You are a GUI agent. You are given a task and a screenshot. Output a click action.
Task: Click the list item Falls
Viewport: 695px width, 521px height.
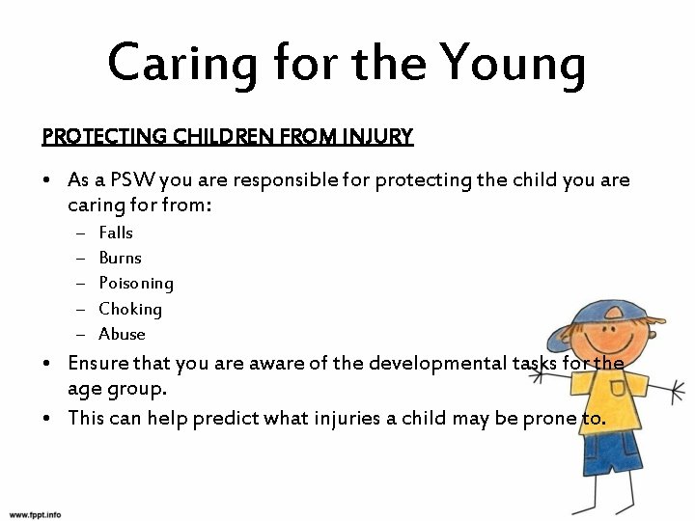(x=116, y=233)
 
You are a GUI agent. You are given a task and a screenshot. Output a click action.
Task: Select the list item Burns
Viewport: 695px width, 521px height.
(x=120, y=258)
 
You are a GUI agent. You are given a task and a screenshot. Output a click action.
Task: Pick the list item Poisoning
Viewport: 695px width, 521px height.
(x=136, y=284)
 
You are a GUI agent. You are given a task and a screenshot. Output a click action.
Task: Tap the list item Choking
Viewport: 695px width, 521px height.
(x=130, y=309)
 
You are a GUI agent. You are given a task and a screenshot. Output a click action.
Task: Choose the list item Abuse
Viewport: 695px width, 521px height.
(x=122, y=334)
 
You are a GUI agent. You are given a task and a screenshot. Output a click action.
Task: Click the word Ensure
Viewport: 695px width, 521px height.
(x=98, y=364)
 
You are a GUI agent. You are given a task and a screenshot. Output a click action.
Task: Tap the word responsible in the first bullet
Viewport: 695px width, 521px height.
(x=277, y=180)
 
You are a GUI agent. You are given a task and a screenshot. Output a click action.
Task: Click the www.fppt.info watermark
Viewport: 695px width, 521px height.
(x=35, y=514)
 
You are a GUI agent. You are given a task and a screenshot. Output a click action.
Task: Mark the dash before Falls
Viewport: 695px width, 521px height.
(x=78, y=233)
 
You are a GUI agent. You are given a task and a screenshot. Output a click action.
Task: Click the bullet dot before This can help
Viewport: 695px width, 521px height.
(x=47, y=418)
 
